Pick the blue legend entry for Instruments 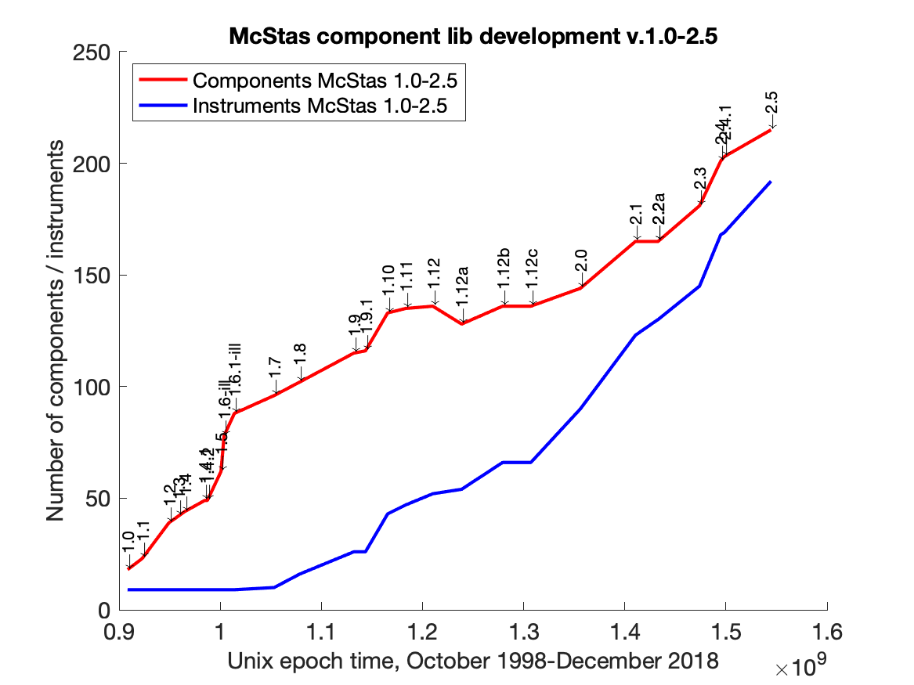[320, 106]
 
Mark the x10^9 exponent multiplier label [797, 668]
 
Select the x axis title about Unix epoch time [473, 662]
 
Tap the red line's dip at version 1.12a [462, 323]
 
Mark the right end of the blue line [771, 182]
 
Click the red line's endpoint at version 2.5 [771, 130]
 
